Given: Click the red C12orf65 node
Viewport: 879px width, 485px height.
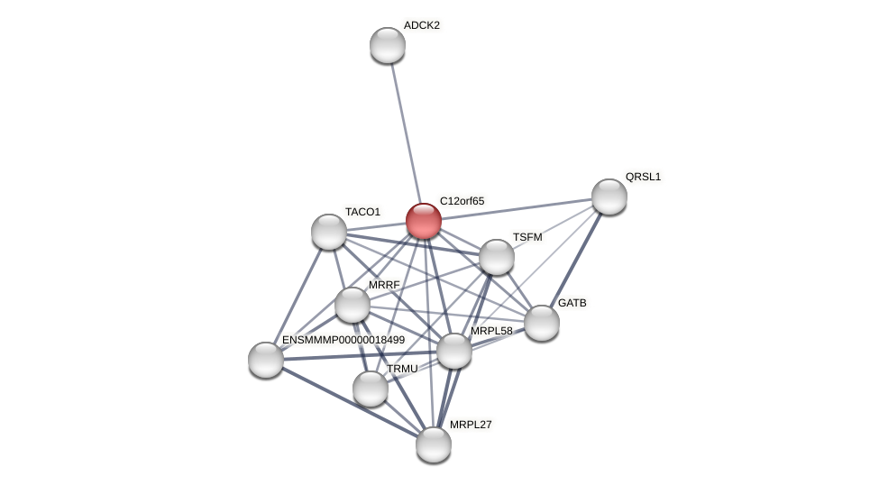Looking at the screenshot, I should point(423,221).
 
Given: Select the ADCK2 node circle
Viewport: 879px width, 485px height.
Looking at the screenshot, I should point(388,45).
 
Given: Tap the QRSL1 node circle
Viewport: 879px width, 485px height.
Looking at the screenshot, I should point(609,197).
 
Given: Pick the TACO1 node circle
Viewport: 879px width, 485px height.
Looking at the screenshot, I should point(329,232).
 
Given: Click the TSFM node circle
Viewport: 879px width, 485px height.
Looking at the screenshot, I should point(497,257).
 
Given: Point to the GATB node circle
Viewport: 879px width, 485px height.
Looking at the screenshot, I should point(542,323).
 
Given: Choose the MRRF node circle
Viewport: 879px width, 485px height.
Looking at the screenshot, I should point(353,305).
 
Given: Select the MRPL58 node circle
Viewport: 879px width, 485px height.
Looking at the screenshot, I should point(454,351).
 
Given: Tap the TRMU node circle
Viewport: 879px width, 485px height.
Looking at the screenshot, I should point(371,389).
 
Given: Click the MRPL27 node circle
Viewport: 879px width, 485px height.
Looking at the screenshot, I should point(434,444).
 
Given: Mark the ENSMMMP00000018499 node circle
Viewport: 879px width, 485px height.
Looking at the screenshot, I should point(266,360).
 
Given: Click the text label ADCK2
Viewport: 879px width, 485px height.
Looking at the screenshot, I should point(421,25).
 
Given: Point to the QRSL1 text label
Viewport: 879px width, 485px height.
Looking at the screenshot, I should point(643,177).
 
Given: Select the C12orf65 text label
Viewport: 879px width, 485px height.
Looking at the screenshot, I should point(462,201).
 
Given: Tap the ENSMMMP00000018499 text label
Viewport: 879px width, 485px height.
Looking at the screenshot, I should point(343,340).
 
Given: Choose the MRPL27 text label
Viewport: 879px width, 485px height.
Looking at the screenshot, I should point(471,425).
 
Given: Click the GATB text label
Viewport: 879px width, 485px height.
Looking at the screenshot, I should point(572,303).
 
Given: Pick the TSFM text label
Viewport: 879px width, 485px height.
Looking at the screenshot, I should point(527,237).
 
